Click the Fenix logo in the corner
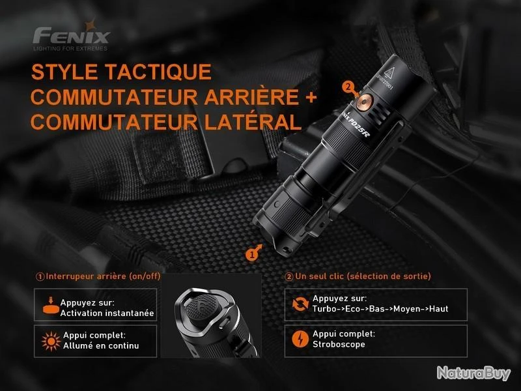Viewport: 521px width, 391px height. pos(71,36)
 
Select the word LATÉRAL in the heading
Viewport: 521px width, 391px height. pos(253,122)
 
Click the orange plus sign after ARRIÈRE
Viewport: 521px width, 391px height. pos(311,97)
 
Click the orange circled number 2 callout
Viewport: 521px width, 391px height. pos(348,87)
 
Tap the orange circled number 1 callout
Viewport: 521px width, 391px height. pos(251,255)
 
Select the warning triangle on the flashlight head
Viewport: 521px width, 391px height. pos(389,72)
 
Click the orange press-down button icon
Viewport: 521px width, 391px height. pos(51,306)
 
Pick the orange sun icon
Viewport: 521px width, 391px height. pos(51,341)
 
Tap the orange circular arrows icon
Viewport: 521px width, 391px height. pos(300,304)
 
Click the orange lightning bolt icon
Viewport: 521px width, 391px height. pos(300,339)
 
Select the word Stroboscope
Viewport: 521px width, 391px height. pos(339,345)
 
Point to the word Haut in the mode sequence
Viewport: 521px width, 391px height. pos(438,309)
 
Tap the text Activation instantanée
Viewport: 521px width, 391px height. pos(107,313)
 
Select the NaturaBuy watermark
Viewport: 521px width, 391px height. pos(473,373)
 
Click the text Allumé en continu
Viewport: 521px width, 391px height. pos(101,346)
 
